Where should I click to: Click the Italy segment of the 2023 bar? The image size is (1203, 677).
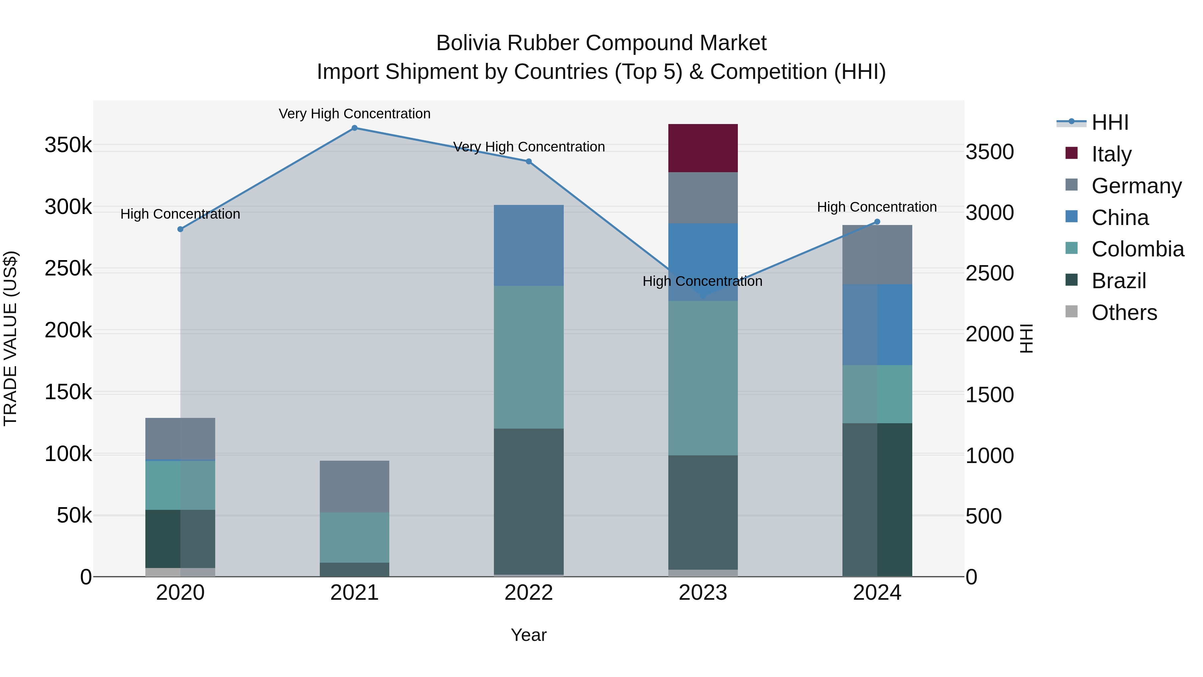tap(703, 148)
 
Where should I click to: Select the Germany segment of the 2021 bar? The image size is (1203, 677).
tap(355, 486)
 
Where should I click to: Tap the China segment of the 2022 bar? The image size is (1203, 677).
tap(529, 245)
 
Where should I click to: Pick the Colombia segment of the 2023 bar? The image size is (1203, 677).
tap(703, 378)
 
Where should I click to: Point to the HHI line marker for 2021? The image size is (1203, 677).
tap(355, 128)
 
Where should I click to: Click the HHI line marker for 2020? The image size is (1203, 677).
tap(180, 229)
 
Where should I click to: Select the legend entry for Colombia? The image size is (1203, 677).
tap(1137, 249)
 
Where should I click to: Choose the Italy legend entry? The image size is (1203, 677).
tap(1111, 154)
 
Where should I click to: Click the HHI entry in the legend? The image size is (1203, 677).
tap(1109, 122)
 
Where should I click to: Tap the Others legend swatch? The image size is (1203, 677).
tap(1071, 312)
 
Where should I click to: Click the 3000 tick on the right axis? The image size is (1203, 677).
tap(989, 213)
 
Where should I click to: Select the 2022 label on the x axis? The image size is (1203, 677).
tap(529, 593)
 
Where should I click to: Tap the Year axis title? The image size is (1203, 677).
tap(529, 635)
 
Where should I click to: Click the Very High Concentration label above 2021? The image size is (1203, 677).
tap(355, 114)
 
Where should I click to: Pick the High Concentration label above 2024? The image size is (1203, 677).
tap(877, 207)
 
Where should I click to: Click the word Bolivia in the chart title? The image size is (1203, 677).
tap(470, 43)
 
